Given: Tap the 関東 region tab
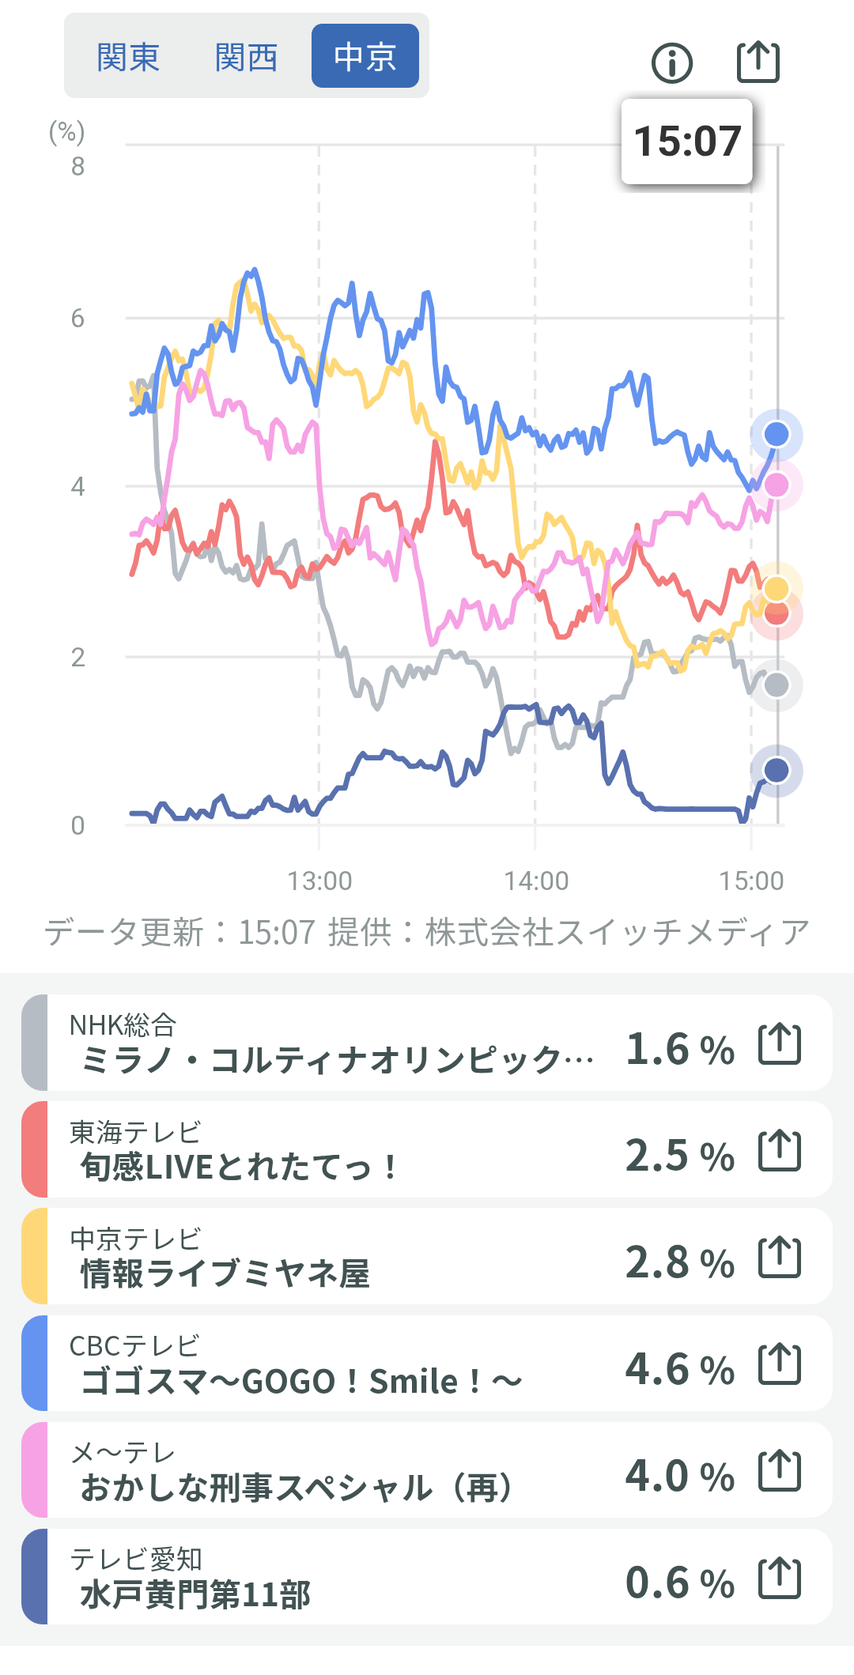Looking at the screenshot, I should [128, 57].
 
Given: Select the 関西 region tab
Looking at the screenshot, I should [246, 57].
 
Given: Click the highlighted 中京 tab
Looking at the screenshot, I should [365, 57].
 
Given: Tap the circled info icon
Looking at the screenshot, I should [672, 62].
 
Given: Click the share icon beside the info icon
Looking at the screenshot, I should [758, 62].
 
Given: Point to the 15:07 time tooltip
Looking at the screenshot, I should [687, 141].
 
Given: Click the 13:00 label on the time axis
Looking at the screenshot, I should [319, 881].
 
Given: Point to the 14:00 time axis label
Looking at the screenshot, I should [536, 881].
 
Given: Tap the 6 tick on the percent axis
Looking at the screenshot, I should [77, 319].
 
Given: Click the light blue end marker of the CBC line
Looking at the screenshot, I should [777, 434].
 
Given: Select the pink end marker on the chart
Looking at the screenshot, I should [777, 485].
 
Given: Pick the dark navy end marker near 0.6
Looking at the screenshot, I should [777, 770].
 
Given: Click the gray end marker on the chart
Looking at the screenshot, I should [777, 685].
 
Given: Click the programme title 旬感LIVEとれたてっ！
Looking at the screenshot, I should [238, 1167].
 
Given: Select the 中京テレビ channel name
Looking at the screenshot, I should [135, 1239].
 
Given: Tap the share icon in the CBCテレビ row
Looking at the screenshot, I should [780, 1364].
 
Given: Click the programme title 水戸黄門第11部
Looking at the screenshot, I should [195, 1595].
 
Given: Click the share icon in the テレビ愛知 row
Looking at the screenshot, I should [780, 1578].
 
